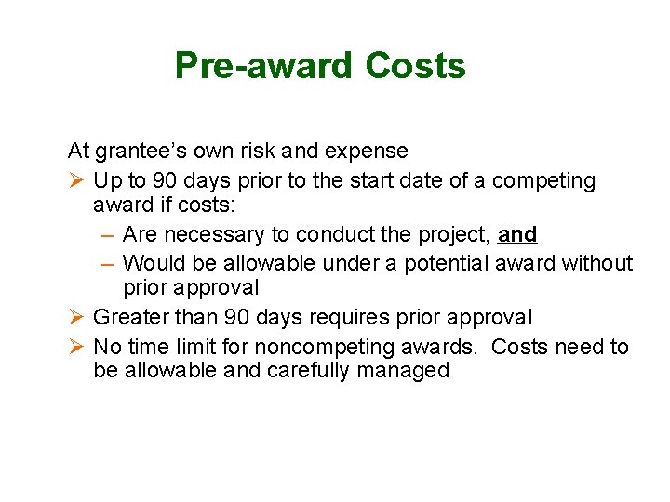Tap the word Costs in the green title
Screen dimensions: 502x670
pos(415,66)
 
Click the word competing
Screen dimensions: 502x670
pos(543,180)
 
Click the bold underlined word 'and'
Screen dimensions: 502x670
pos(517,234)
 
